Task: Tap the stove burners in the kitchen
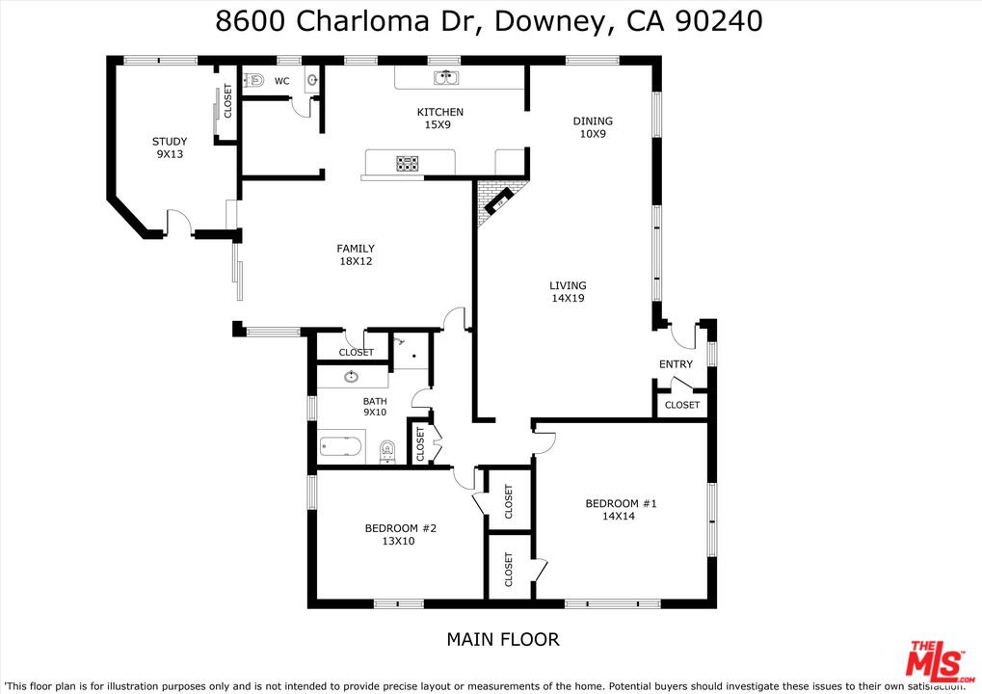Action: [408, 163]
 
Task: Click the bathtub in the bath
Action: [341, 447]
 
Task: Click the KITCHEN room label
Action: [439, 113]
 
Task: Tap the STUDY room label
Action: [170, 142]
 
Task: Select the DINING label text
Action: [593, 121]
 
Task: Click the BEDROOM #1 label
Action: [621, 503]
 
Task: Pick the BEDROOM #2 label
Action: [401, 528]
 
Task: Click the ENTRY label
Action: [676, 364]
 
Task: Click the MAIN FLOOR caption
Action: [502, 639]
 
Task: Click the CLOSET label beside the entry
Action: [682, 405]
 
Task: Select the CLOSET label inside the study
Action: [228, 101]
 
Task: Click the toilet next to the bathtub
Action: [387, 449]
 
